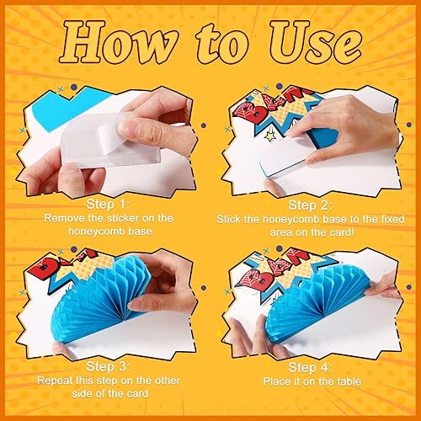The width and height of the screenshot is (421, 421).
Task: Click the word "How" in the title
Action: point(119,42)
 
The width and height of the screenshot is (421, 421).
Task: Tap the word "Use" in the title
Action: point(315,41)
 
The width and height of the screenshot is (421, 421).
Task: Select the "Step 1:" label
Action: point(108,204)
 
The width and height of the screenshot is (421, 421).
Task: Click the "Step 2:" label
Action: point(310,205)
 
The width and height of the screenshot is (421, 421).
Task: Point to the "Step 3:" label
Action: point(108,366)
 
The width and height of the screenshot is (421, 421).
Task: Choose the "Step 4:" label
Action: point(310,367)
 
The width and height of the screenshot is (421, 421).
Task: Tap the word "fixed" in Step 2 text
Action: point(392,219)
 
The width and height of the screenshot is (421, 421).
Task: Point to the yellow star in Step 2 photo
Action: point(271,136)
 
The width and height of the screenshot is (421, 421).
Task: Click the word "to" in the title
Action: point(222,44)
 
